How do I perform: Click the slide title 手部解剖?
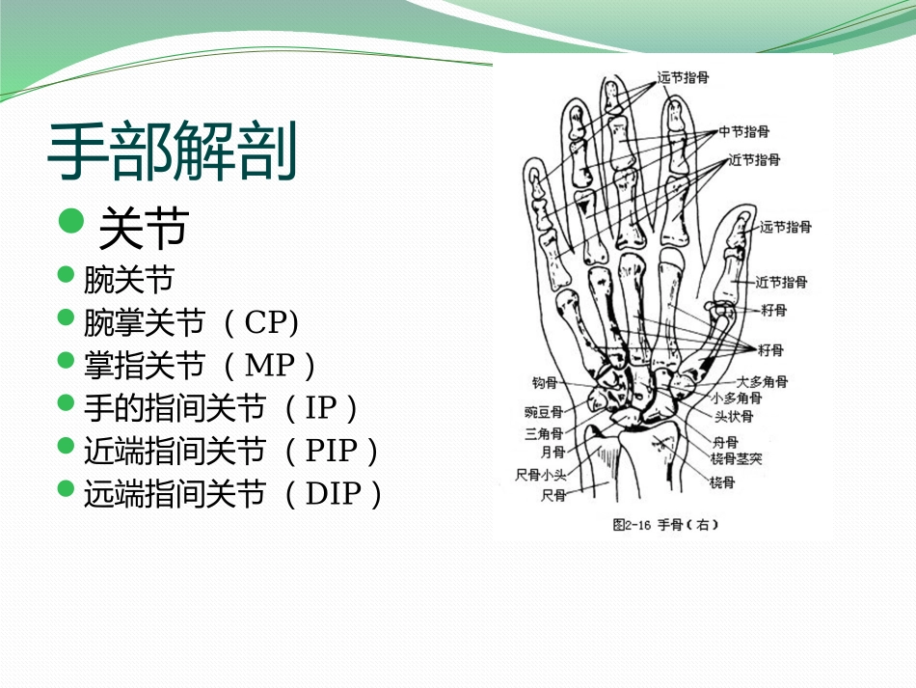[x=172, y=153]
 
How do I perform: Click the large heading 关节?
[x=143, y=229]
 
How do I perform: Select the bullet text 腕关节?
[x=128, y=281]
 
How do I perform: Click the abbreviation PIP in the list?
[x=331, y=451]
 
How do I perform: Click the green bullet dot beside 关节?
[x=71, y=221]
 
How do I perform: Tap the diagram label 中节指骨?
[x=743, y=131]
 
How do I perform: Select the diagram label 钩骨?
[x=545, y=383]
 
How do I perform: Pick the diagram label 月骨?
[x=552, y=451]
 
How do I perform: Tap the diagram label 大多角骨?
[x=762, y=382]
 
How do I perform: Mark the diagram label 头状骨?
[x=734, y=417]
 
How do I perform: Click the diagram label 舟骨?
[x=725, y=442]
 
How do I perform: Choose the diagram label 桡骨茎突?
[x=737, y=458]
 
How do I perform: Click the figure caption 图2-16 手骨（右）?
[x=665, y=526]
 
